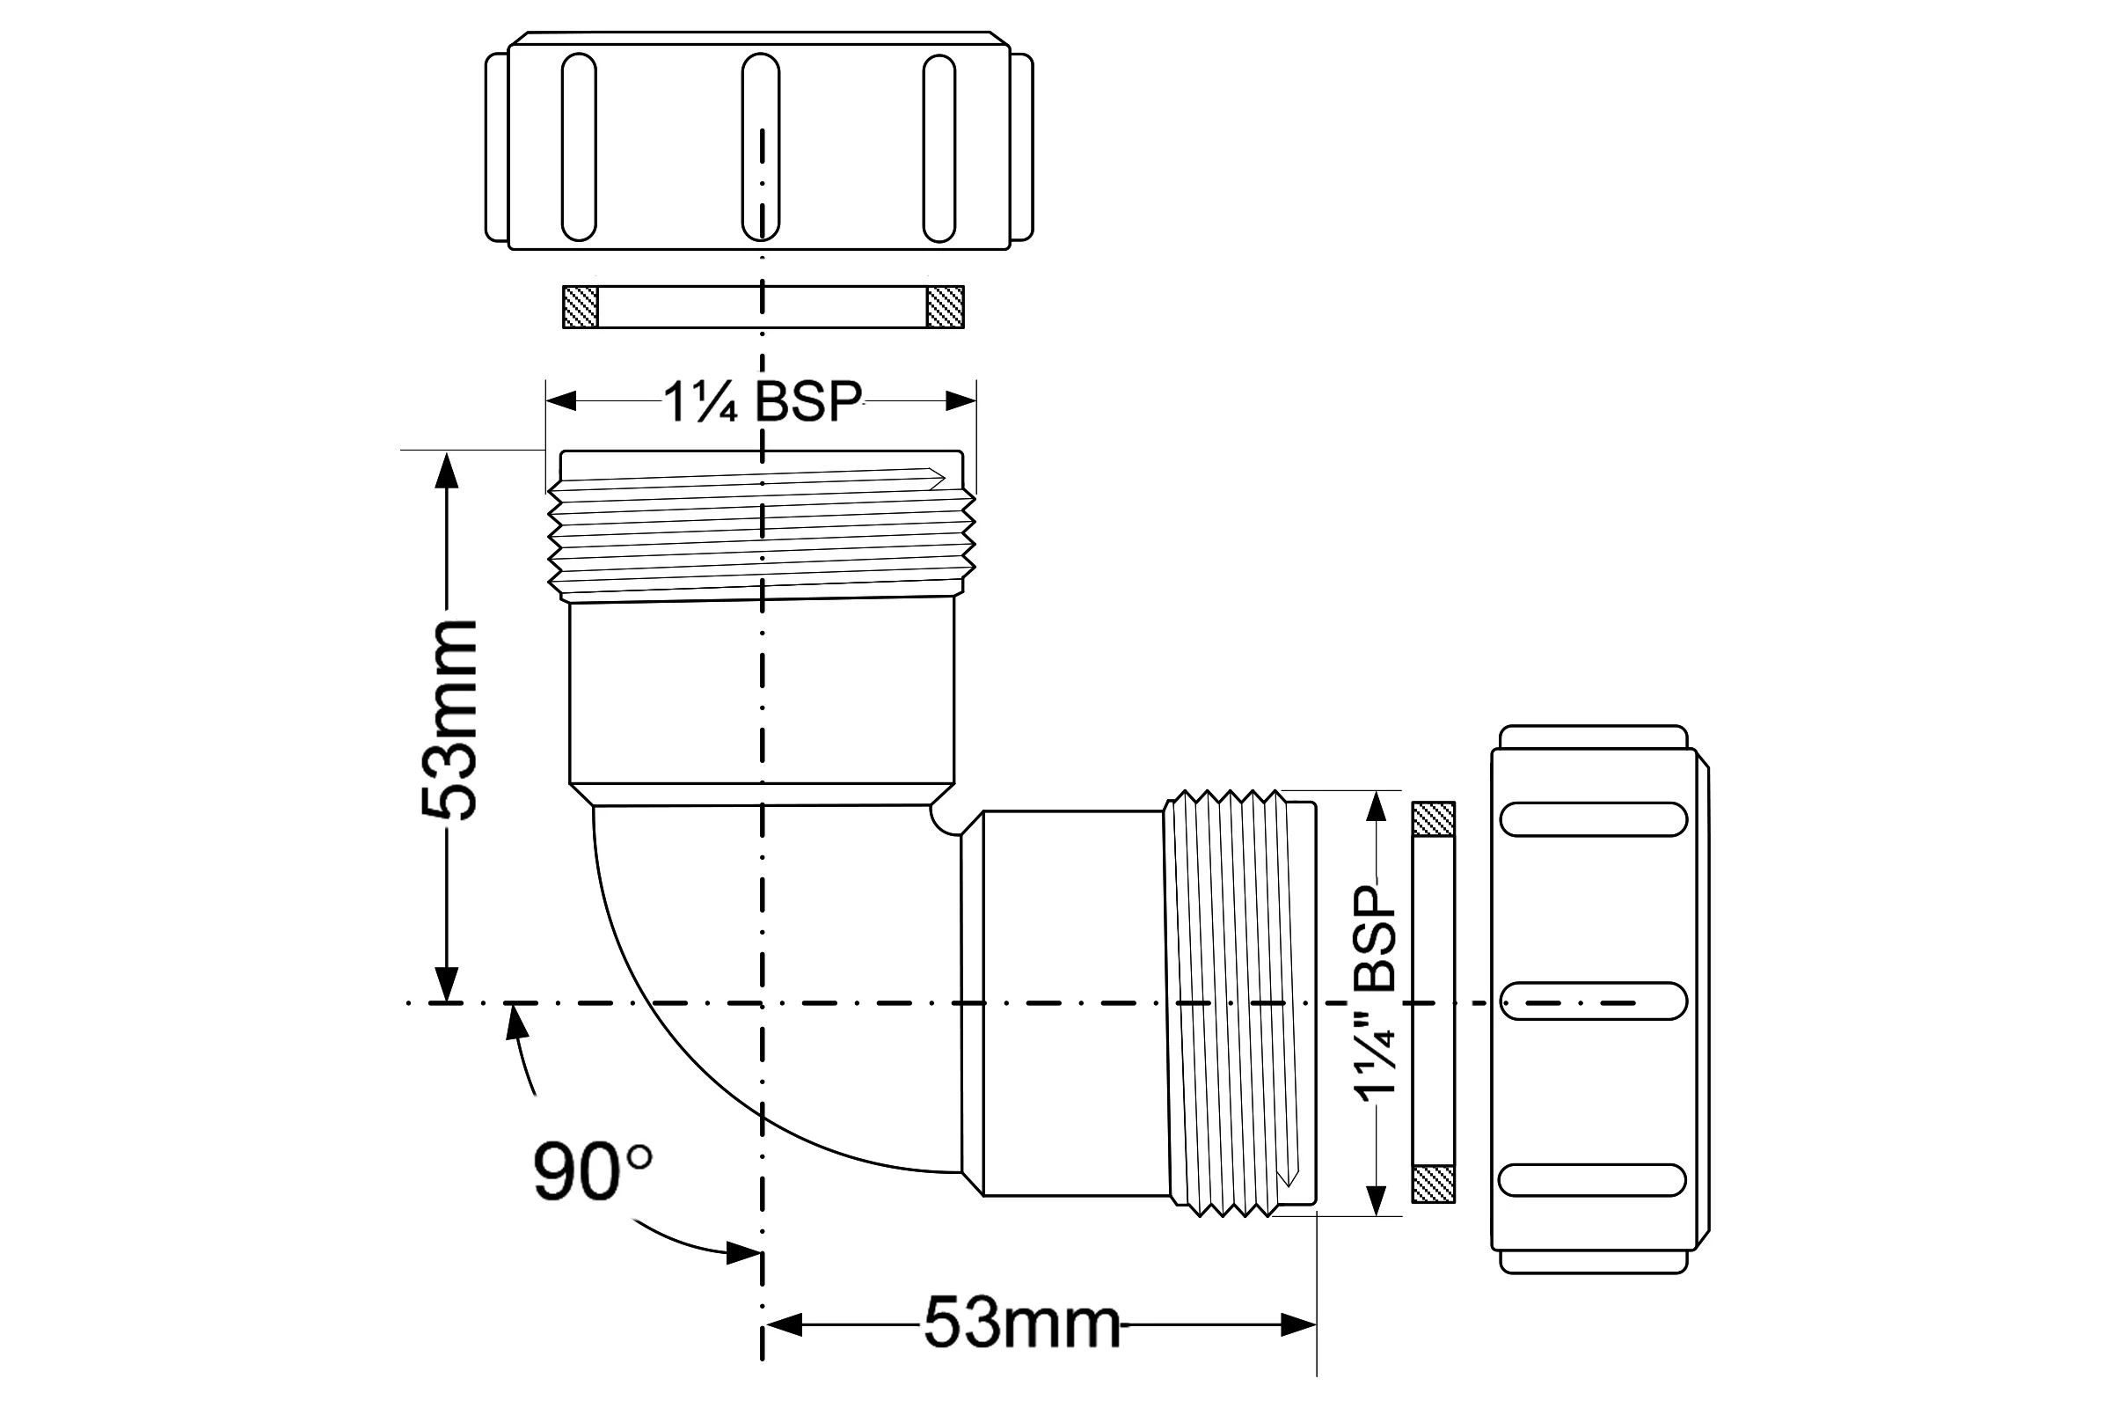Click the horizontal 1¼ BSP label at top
(762, 401)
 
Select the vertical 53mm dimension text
(449, 718)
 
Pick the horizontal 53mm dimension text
(1022, 1323)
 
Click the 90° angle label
(592, 1171)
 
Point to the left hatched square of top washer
(580, 307)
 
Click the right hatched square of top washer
(945, 307)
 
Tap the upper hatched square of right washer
(1434, 820)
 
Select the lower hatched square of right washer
(1434, 1184)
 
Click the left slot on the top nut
(579, 147)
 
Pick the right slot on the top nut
(939, 148)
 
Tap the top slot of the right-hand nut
(1593, 820)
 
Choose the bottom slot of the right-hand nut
(1592, 1180)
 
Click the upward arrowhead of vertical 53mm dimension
(446, 470)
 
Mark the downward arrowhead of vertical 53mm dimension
(446, 984)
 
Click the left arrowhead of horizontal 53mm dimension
(782, 1324)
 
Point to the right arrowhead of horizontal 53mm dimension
(1298, 1324)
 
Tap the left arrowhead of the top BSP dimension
(561, 400)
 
